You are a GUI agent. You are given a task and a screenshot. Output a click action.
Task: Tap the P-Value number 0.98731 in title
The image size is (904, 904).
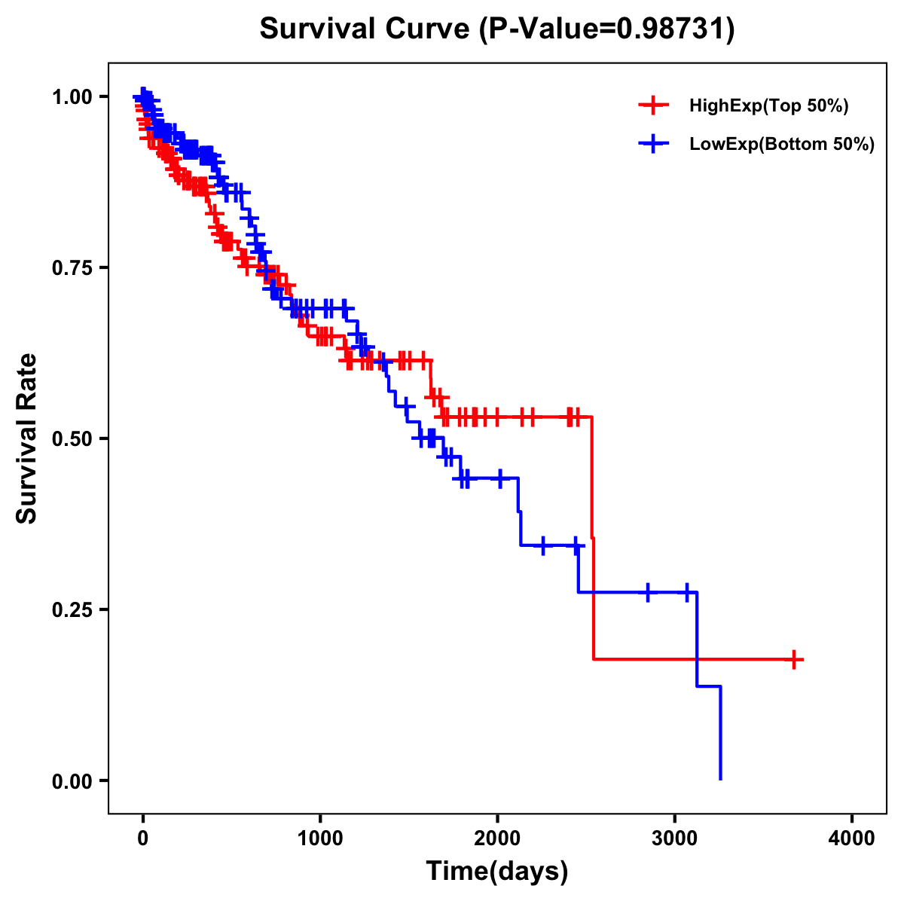click(672, 29)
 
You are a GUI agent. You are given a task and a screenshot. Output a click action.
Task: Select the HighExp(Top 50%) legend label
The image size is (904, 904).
click(769, 106)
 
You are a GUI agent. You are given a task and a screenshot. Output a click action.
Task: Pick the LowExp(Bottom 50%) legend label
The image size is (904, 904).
click(782, 145)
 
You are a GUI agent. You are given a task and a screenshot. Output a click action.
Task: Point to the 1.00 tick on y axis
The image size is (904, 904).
click(72, 96)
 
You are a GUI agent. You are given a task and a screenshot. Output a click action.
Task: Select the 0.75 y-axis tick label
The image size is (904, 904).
click(72, 267)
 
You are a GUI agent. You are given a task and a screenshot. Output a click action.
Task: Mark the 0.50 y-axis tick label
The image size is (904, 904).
click(72, 438)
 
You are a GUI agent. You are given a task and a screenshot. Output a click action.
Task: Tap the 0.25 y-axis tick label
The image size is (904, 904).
click(72, 609)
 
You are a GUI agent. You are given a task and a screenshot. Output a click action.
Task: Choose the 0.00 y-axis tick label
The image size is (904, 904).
click(72, 780)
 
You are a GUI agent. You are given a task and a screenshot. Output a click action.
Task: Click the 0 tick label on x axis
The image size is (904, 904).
click(142, 838)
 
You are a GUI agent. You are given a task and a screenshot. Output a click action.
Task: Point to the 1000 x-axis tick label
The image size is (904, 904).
click(320, 838)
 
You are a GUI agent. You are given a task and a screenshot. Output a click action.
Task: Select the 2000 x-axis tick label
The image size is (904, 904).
click(497, 838)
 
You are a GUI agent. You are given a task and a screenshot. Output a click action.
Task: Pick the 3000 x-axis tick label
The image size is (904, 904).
click(675, 838)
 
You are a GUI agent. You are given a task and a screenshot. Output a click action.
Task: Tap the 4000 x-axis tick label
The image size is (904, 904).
click(852, 838)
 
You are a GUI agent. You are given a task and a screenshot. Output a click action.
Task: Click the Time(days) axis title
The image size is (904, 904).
click(497, 872)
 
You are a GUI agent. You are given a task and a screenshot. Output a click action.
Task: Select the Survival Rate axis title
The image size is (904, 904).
click(27, 438)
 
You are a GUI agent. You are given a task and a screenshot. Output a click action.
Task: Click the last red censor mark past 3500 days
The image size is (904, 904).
click(793, 659)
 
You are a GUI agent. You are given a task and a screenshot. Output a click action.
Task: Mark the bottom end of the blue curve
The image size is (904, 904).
click(721, 779)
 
